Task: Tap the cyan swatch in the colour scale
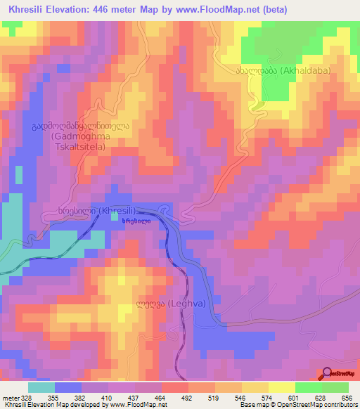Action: [x=41, y=387]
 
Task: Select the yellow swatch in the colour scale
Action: [x=282, y=387]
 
